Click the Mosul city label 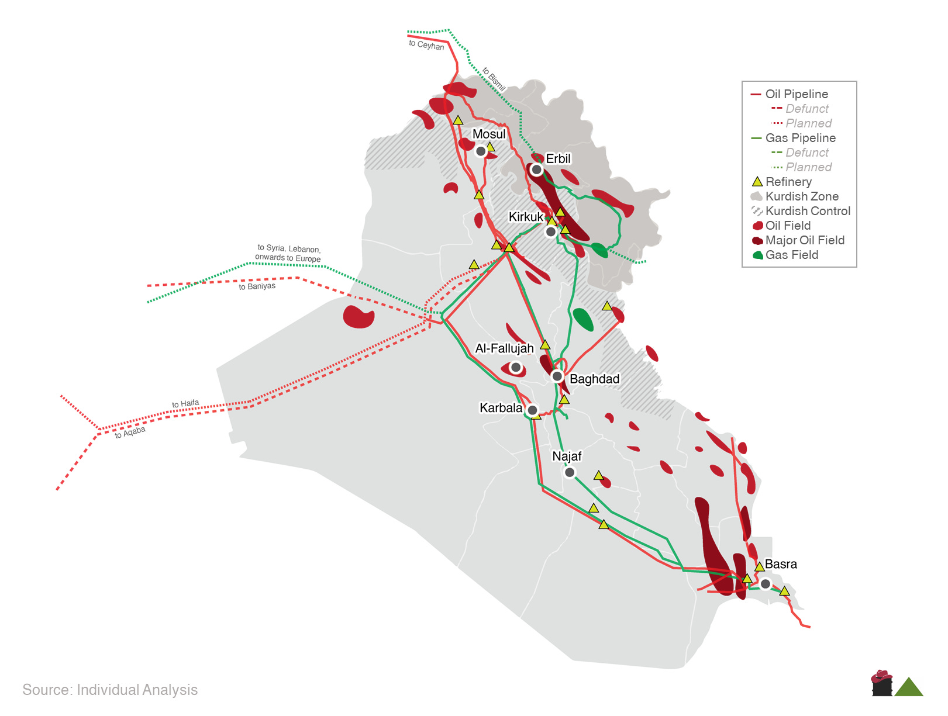[489, 134]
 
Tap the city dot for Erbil [536, 170]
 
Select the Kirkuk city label [526, 217]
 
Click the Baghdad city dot [557, 376]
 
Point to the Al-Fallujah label [504, 348]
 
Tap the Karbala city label [501, 408]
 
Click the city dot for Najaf [570, 472]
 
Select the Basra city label [781, 564]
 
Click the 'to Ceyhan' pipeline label [426, 45]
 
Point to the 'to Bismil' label [494, 79]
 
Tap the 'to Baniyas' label [257, 286]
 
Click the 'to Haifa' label [185, 404]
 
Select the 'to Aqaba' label [130, 432]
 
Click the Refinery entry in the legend [788, 182]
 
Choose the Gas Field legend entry [791, 255]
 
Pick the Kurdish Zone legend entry [801, 196]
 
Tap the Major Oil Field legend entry [804, 240]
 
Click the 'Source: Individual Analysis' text [110, 690]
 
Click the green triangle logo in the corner [908, 688]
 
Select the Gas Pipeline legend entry [800, 138]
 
